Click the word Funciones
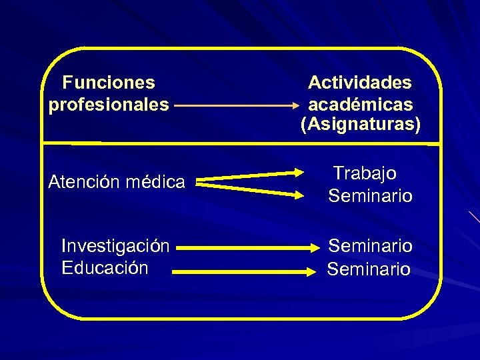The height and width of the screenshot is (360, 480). click(x=109, y=83)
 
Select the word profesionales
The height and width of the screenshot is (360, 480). click(x=109, y=105)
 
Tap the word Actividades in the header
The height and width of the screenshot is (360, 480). click(x=360, y=83)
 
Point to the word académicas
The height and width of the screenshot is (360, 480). click(x=360, y=105)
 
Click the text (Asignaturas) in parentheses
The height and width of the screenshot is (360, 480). click(x=361, y=125)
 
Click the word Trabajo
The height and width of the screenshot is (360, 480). click(x=365, y=174)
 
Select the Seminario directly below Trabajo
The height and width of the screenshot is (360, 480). click(x=370, y=197)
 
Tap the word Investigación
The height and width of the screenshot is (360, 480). click(x=115, y=246)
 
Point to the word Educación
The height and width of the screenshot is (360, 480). click(x=105, y=268)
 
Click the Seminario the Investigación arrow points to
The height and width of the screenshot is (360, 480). click(x=370, y=247)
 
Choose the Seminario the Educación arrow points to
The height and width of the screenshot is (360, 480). click(x=369, y=269)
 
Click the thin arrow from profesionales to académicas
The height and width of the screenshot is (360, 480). click(x=233, y=105)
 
